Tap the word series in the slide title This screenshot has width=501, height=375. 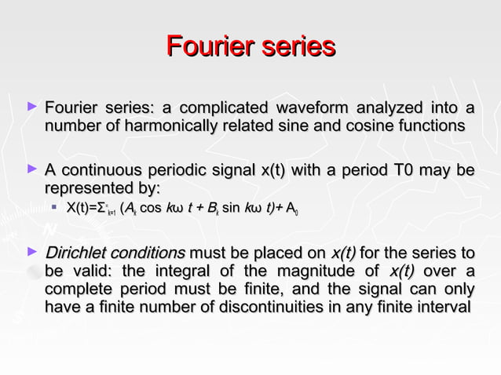294,46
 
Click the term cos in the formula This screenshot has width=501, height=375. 151,209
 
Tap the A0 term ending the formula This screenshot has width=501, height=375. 291,209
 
